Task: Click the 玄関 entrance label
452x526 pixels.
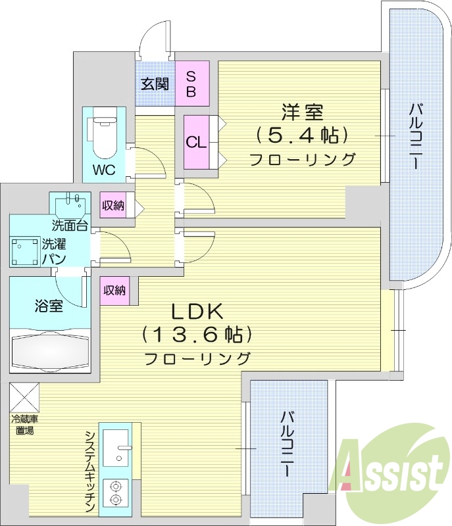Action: click(155, 84)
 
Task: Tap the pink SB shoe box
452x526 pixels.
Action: click(191, 83)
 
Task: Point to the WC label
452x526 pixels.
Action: click(103, 170)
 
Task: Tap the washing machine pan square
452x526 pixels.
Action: click(24, 251)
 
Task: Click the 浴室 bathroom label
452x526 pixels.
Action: click(49, 305)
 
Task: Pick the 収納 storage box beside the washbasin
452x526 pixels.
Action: click(113, 206)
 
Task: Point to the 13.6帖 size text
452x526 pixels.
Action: click(197, 335)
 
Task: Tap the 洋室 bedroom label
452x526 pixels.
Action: click(303, 112)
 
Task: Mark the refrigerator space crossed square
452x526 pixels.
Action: click(24, 396)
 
